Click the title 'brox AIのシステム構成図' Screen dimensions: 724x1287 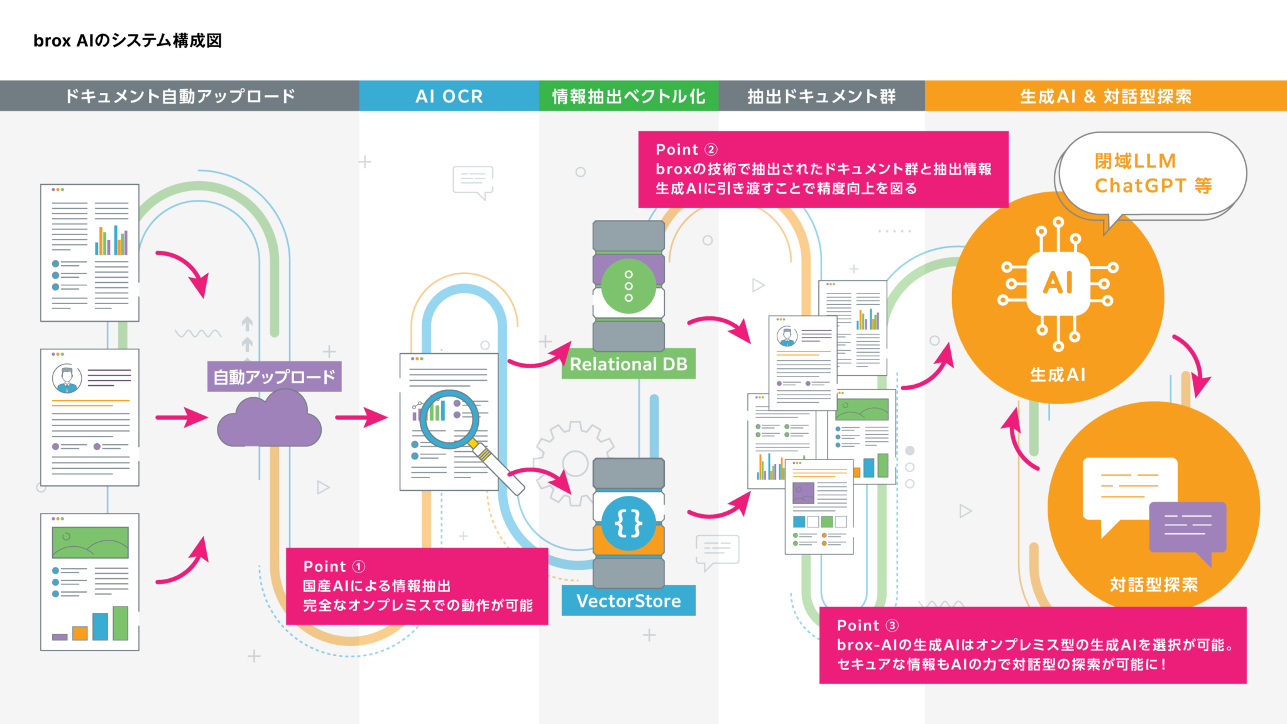point(128,41)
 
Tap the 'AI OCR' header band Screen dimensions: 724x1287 point(449,96)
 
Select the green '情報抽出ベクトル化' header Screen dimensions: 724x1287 point(628,96)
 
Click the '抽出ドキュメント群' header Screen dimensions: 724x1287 point(821,96)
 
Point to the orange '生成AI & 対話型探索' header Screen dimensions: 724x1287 point(1105,96)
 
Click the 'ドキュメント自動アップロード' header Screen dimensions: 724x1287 point(180,96)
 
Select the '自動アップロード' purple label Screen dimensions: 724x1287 point(275,376)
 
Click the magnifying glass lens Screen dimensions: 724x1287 point(449,419)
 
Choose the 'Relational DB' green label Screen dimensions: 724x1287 point(628,365)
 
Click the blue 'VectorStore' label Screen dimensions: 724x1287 point(628,601)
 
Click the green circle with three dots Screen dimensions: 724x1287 point(628,286)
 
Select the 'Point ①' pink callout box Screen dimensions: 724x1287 point(417,586)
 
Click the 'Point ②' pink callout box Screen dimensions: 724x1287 point(823,169)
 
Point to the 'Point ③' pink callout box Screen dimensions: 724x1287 point(1032,645)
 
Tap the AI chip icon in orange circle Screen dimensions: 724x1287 point(1058,283)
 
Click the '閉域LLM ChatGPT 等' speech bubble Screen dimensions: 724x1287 point(1153,173)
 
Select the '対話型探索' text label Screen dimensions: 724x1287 point(1154,585)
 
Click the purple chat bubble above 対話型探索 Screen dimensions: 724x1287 point(1187,527)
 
